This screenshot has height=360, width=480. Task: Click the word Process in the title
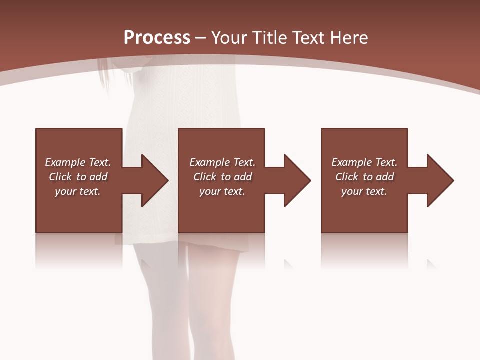point(157,38)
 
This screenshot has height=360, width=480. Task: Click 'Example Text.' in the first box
point(78,162)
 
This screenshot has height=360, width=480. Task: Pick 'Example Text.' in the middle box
point(222,162)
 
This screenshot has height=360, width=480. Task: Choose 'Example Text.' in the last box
point(364,162)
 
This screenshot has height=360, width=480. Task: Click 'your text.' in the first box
point(78,191)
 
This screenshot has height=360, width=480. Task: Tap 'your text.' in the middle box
point(222,191)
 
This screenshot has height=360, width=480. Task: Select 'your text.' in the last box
point(364,191)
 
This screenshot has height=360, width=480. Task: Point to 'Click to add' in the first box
point(78,177)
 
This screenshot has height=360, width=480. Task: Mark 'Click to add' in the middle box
point(222,177)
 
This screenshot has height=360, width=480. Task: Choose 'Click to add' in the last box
point(364,177)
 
